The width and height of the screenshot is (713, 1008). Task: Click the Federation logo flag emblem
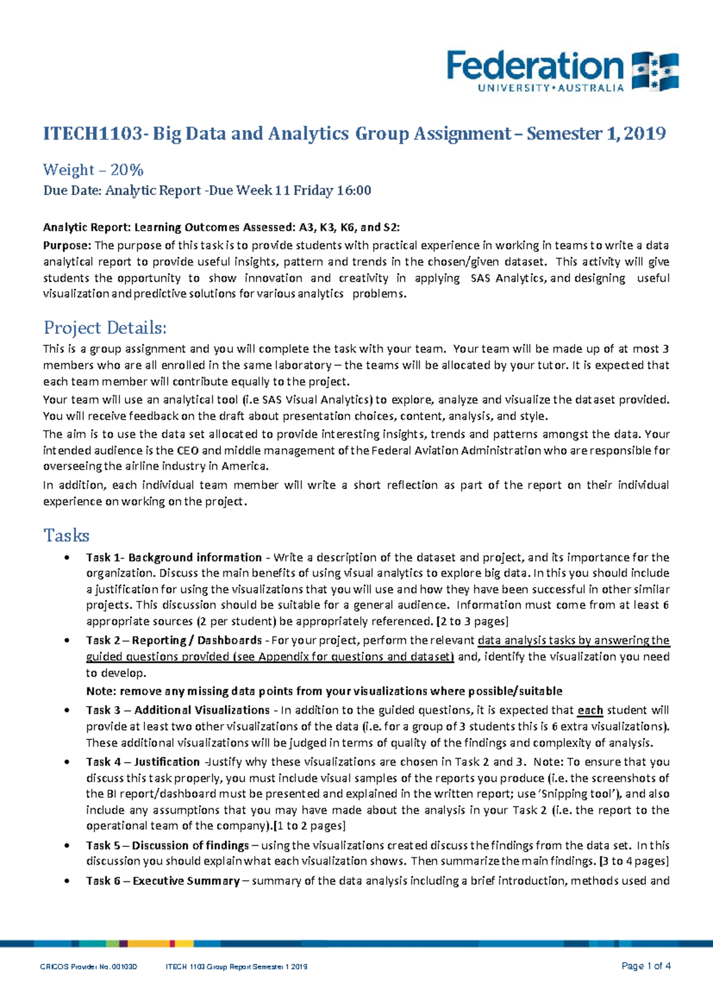tap(655, 71)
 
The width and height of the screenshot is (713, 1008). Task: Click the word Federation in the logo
tap(535, 67)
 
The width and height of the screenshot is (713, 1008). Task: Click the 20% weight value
tap(127, 170)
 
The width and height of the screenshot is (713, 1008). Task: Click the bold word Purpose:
tap(67, 245)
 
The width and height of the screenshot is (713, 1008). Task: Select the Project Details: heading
tap(105, 327)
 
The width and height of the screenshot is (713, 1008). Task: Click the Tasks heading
tap(66, 535)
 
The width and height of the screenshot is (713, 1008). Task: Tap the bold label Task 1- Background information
tap(173, 557)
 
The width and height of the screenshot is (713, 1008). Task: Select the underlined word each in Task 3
tap(590, 710)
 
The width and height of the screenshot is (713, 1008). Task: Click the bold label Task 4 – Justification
tap(143, 762)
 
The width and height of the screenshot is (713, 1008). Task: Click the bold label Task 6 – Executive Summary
tap(162, 881)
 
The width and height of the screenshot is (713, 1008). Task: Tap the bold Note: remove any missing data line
tap(324, 691)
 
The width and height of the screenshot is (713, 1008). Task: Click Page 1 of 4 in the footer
tap(646, 966)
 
